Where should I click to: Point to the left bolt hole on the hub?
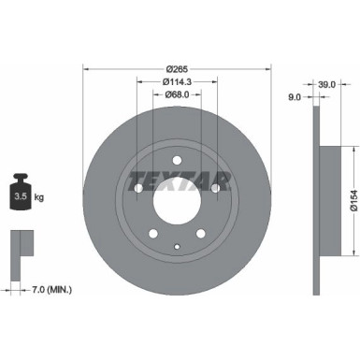tap(138, 188)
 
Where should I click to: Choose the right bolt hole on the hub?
tap(215, 188)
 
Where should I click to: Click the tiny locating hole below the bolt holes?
tap(177, 245)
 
